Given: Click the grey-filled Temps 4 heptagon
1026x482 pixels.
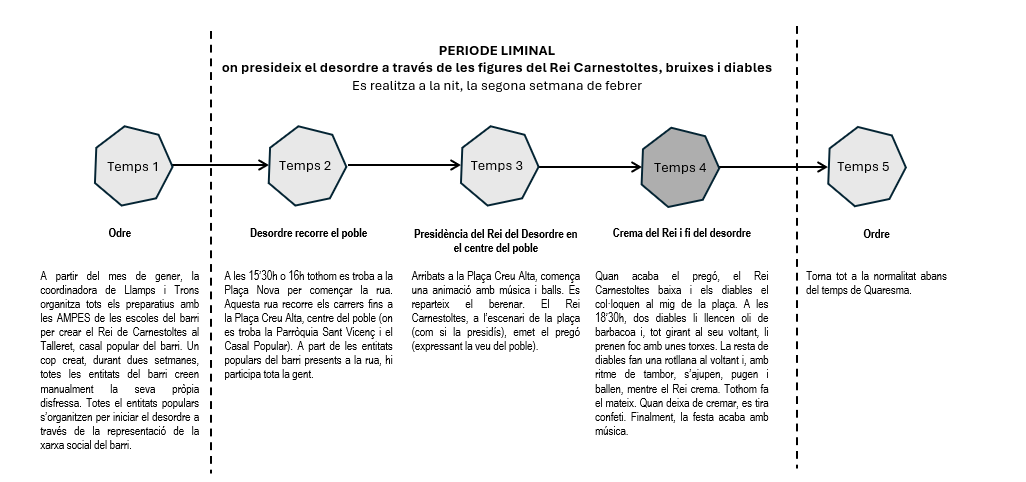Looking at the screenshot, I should pyautogui.click(x=680, y=166).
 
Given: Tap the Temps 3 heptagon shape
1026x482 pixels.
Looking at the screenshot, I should pyautogui.click(x=497, y=165).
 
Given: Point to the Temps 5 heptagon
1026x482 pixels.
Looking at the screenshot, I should pyautogui.click(x=865, y=166).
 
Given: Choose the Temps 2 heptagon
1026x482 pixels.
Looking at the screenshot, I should pyautogui.click(x=306, y=165).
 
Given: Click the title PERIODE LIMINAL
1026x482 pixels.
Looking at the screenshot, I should pyautogui.click(x=497, y=50).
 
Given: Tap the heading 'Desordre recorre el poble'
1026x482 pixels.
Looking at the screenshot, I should pyautogui.click(x=308, y=234).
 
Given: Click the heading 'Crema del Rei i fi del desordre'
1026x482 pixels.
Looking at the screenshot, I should pyautogui.click(x=681, y=234).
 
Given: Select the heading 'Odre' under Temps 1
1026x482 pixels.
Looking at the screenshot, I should pyautogui.click(x=120, y=234).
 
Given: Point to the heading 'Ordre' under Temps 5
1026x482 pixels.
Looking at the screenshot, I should pyautogui.click(x=876, y=235).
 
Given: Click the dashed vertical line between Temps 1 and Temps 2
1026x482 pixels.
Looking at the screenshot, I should pyautogui.click(x=211, y=300).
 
